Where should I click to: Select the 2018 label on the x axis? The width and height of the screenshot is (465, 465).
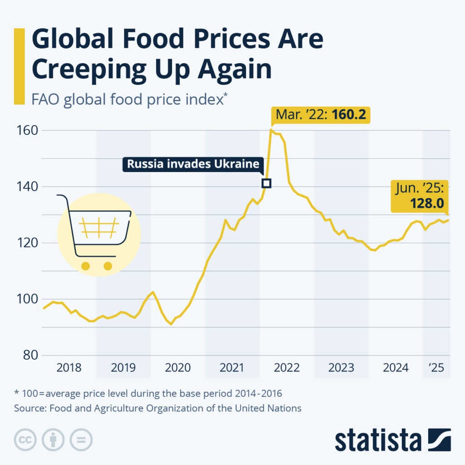(69, 367)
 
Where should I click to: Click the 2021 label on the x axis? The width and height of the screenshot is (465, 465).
(232, 367)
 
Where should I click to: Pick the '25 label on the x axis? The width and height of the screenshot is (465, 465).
(436, 367)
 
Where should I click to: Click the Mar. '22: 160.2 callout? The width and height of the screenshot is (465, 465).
(321, 115)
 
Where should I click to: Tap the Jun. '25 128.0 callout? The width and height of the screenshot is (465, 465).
(420, 196)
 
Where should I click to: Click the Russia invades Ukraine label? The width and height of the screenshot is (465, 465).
(193, 164)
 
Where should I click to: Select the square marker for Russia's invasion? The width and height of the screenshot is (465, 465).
(267, 183)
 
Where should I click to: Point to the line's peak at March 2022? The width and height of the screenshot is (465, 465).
(271, 130)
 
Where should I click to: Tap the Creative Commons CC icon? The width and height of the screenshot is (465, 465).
(26, 440)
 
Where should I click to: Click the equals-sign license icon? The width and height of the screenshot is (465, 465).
(81, 440)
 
